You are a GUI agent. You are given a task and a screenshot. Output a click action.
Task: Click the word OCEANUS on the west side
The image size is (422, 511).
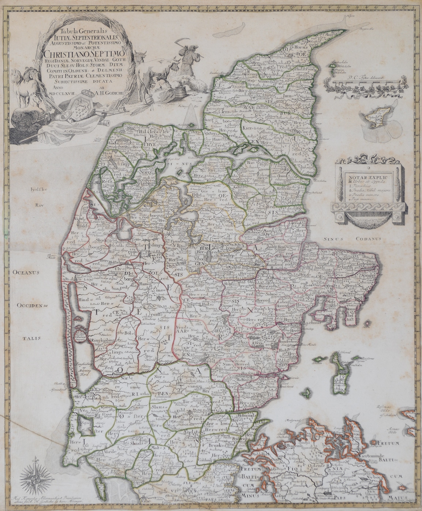27,272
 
